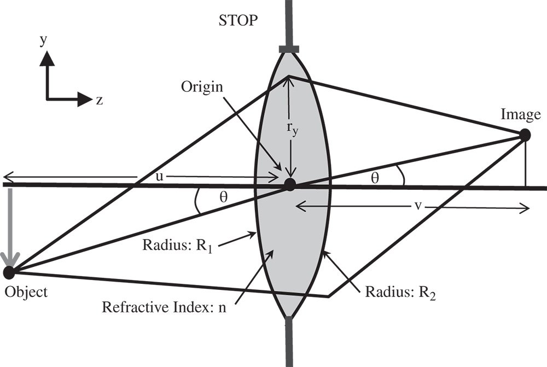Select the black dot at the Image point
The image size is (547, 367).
tap(524, 135)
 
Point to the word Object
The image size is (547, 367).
tap(26, 292)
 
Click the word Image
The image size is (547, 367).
tap(520, 114)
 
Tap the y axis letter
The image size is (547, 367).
tap(42, 42)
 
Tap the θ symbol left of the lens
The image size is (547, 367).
tap(223, 197)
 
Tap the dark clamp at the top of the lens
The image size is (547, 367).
tap(289, 50)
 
